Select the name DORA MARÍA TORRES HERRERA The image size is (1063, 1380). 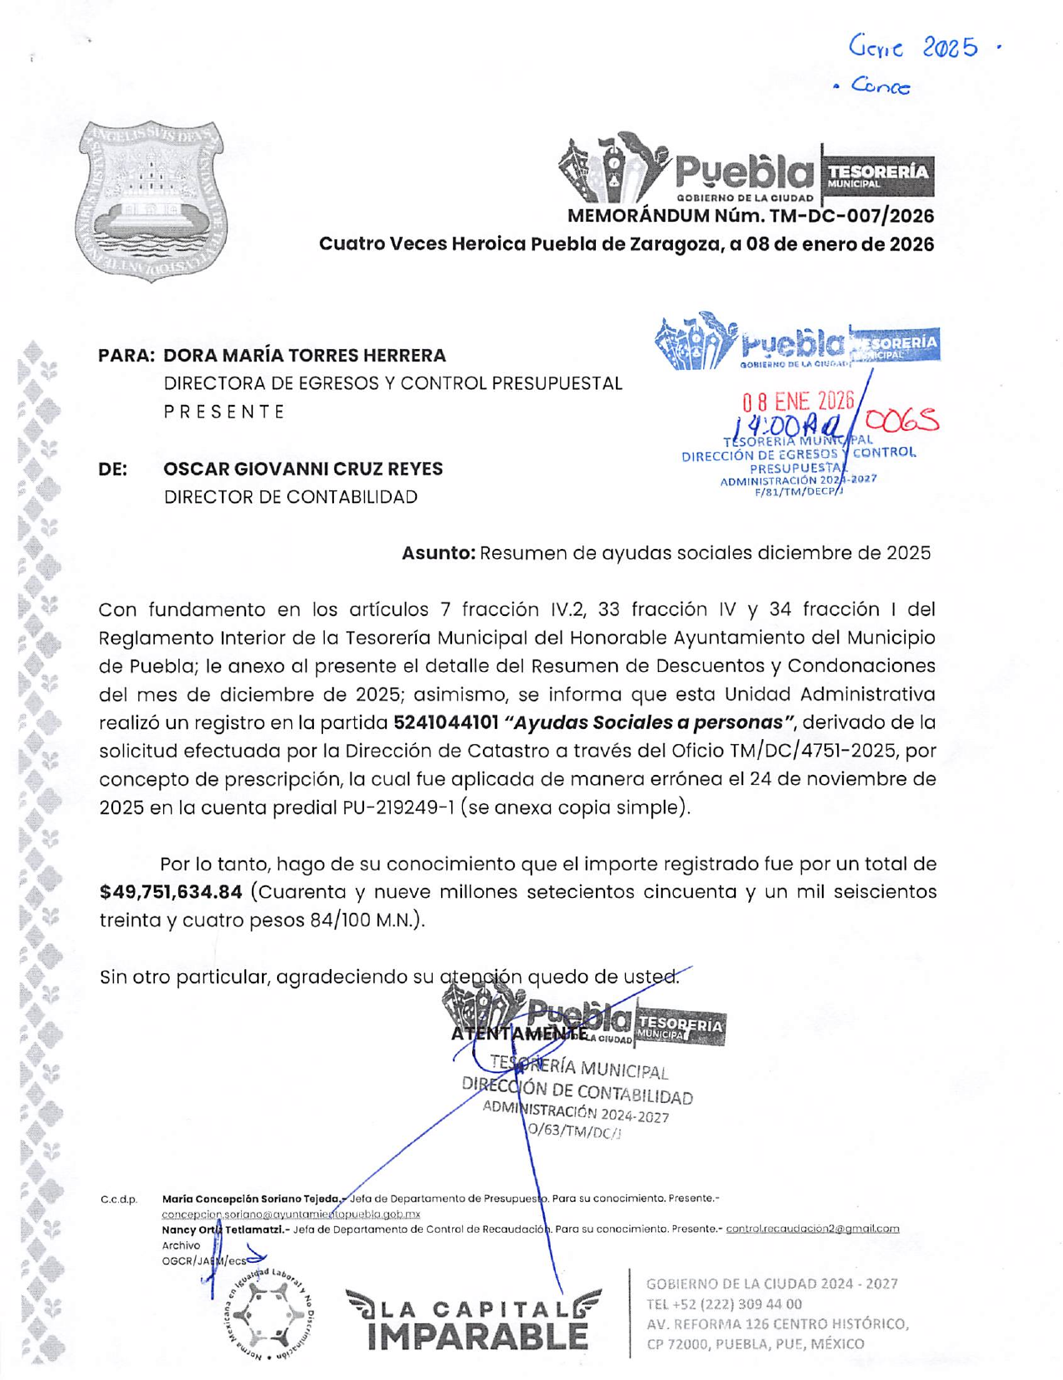click(305, 356)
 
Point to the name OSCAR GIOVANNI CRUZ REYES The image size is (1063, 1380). click(303, 469)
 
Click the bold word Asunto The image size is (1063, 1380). click(438, 553)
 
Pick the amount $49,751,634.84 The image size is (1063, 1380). click(171, 892)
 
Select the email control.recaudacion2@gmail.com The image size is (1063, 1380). click(812, 1229)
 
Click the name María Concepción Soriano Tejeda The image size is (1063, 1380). click(250, 1198)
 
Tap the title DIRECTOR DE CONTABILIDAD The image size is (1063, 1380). click(290, 497)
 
